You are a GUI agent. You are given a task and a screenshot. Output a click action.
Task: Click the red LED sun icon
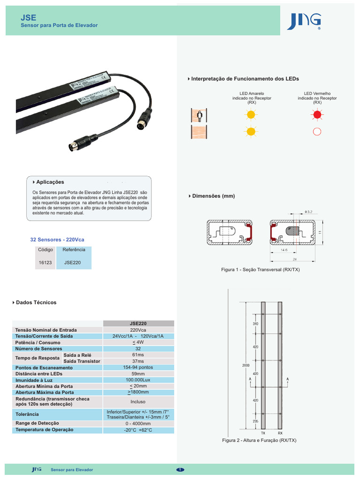tap(317, 114)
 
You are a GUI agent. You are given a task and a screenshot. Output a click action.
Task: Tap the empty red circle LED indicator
tap(317, 131)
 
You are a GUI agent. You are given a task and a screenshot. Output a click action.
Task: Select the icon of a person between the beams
tap(199, 114)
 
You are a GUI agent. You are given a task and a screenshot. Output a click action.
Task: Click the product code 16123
tap(45, 263)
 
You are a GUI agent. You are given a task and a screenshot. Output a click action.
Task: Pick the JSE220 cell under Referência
tap(73, 263)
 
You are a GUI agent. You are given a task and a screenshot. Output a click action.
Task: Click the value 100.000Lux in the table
tap(138, 380)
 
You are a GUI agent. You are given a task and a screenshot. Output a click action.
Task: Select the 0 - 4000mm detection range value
tap(138, 423)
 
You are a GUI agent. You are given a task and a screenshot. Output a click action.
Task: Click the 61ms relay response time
tap(138, 355)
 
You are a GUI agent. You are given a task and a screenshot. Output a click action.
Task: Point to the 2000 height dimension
tap(246, 365)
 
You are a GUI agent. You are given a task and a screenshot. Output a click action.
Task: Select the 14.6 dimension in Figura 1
tap(284, 250)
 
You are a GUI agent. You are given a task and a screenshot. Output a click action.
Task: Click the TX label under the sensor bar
tap(263, 434)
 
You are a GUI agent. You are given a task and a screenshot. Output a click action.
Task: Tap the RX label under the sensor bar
tap(280, 434)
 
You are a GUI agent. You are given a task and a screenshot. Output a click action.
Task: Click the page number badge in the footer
tap(180, 470)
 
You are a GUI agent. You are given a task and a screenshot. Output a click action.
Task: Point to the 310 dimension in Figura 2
tap(255, 324)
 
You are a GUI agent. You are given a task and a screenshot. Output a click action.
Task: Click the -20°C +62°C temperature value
tap(138, 430)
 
